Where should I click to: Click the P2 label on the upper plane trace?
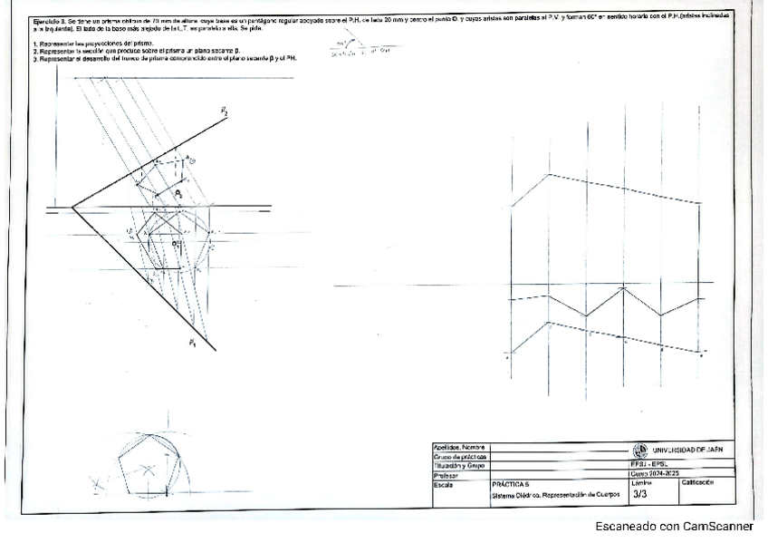click(x=223, y=111)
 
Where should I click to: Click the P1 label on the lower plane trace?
click(x=192, y=343)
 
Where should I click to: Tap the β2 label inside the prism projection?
click(x=178, y=193)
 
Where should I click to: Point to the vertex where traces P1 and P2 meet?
click(x=72, y=208)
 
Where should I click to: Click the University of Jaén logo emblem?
click(x=642, y=450)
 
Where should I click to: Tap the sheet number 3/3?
click(x=639, y=495)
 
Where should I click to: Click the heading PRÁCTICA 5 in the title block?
click(x=508, y=485)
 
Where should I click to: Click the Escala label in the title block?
click(x=443, y=485)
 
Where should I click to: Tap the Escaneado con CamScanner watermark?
click(x=673, y=526)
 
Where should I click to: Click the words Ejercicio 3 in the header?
click(x=42, y=17)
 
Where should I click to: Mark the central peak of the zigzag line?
click(x=623, y=288)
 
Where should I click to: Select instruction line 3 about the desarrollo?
click(x=163, y=58)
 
